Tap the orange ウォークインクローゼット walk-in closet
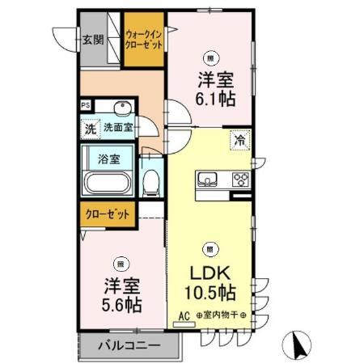pos(144,39)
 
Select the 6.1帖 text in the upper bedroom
pos(214,97)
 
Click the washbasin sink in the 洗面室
pos(123,110)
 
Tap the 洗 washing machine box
pos(91,127)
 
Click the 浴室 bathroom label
pos(109,159)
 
